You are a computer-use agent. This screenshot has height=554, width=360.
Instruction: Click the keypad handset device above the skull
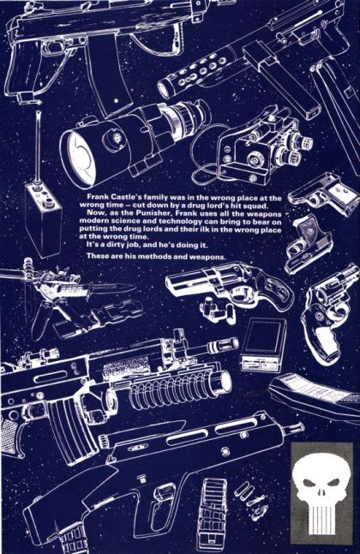(315, 394)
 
